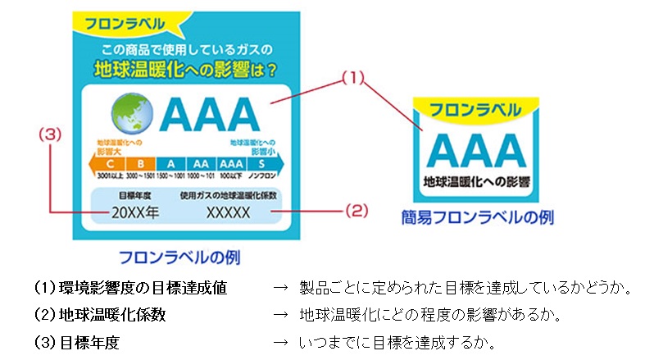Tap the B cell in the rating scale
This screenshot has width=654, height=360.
tap(141, 163)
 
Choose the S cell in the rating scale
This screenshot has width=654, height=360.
tap(260, 163)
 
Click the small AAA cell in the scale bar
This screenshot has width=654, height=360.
tap(230, 163)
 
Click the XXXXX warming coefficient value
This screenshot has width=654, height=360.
tap(227, 212)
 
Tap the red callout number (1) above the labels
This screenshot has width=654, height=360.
tap(351, 79)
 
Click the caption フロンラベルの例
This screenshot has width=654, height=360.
tap(179, 257)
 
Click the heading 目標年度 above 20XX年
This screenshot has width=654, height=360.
tap(132, 196)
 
